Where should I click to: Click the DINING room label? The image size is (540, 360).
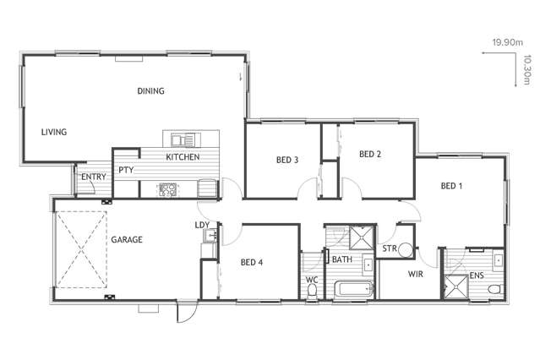click(151, 91)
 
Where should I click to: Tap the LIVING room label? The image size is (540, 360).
click(54, 132)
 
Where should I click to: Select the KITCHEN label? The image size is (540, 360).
click(183, 158)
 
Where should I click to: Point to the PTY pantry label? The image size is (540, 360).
click(126, 169)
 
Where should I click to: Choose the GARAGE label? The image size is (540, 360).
click(126, 240)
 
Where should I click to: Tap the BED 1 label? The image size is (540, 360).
click(451, 186)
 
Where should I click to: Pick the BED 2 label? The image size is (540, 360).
click(370, 154)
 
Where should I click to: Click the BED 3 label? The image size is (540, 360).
click(287, 160)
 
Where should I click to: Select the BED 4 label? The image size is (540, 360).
click(252, 263)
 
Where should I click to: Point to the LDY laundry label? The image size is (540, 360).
click(202, 225)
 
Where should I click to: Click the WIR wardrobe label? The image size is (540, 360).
click(415, 275)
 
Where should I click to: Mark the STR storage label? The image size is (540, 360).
click(390, 248)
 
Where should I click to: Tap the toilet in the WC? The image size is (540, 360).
click(314, 292)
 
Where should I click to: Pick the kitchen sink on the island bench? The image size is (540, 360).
click(182, 140)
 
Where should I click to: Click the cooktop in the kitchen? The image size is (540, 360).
click(166, 189)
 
